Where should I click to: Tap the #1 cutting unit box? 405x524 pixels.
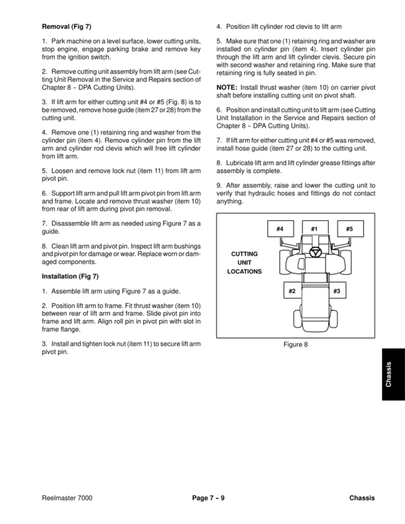pyautogui.click(x=315, y=230)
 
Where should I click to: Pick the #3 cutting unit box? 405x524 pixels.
pyautogui.click(x=335, y=290)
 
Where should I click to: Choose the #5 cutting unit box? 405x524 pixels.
pyautogui.click(x=349, y=230)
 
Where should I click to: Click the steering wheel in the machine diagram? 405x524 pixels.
pyautogui.click(x=315, y=252)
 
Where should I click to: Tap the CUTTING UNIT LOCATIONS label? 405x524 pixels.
pyautogui.click(x=244, y=263)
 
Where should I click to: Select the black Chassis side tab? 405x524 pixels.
pyautogui.click(x=393, y=375)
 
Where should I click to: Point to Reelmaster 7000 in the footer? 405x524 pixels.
pyautogui.click(x=67, y=498)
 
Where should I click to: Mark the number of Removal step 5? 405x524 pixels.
pyautogui.click(x=44, y=172)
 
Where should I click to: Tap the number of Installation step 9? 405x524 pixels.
pyautogui.click(x=219, y=186)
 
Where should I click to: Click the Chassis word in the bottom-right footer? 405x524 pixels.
pyautogui.click(x=362, y=498)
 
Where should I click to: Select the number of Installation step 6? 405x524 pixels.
pyautogui.click(x=219, y=109)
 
